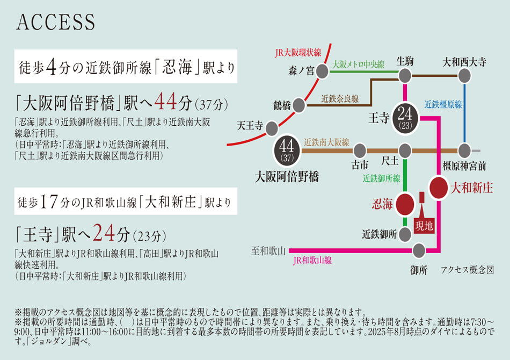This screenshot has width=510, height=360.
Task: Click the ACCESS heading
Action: click(56, 23)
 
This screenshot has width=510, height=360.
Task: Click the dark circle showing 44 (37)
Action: click(286, 150)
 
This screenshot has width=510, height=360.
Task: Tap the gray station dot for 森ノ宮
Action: click(322, 70)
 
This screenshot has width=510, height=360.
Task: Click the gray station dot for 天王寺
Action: click(272, 128)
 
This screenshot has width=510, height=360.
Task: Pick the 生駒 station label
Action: click(405, 61)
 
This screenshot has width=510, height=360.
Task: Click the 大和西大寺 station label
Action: click(464, 61)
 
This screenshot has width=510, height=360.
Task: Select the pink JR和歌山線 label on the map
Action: click(312, 261)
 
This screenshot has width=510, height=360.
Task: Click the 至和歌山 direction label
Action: click(268, 250)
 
